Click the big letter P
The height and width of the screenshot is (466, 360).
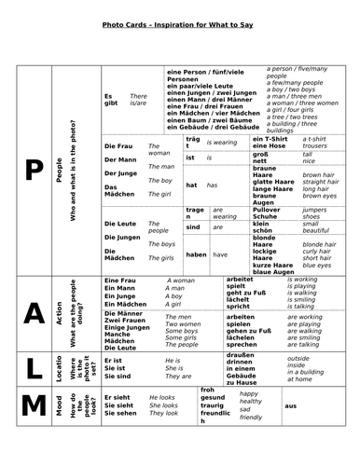[34, 172]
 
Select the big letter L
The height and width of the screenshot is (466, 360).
[34, 368]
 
